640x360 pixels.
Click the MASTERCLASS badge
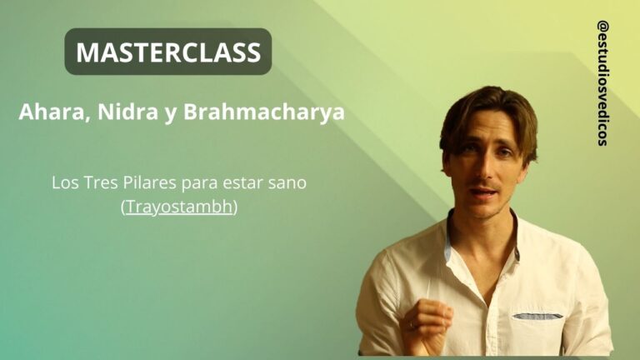click(x=168, y=52)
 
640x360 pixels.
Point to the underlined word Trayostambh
click(x=179, y=207)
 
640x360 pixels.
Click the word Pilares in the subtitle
click(x=149, y=182)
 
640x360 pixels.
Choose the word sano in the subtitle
click(x=288, y=182)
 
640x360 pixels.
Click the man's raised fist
click(x=428, y=321)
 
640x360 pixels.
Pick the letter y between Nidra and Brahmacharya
click(x=168, y=114)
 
